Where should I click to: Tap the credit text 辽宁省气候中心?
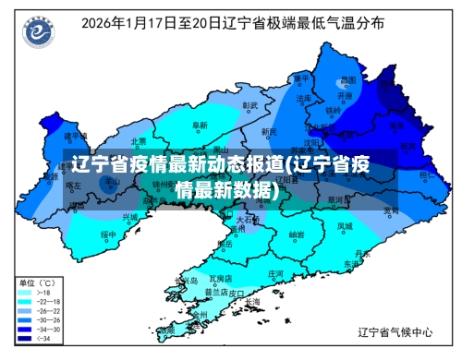tap(394, 330)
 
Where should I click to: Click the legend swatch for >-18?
tap(21, 291)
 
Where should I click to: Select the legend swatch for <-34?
tap(21, 337)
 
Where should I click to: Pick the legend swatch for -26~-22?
tap(21, 309)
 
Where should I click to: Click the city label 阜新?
tap(199, 125)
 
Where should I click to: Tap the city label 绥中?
tap(108, 234)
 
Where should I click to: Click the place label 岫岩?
tap(296, 234)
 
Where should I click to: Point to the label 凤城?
tap(344, 225)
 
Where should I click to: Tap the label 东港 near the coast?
tap(351, 263)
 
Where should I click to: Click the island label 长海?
tap(251, 301)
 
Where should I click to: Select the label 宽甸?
tap(391, 210)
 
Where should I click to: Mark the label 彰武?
tap(249, 105)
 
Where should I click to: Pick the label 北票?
tap(139, 141)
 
